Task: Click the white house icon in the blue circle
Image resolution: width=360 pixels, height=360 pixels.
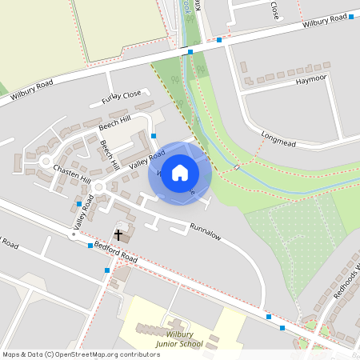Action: (x=180, y=173)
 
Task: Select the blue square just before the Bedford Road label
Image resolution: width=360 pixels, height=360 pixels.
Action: (x=90, y=246)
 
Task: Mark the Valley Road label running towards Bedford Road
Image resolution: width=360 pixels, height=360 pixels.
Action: (x=84, y=214)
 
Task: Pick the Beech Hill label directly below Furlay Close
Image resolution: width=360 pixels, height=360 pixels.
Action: (x=113, y=124)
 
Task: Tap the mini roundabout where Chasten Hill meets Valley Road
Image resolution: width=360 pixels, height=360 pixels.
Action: (x=98, y=188)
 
